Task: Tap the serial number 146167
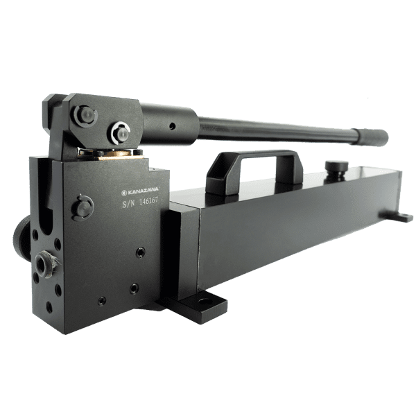tap(148, 201)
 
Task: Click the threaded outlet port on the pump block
tap(43, 265)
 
